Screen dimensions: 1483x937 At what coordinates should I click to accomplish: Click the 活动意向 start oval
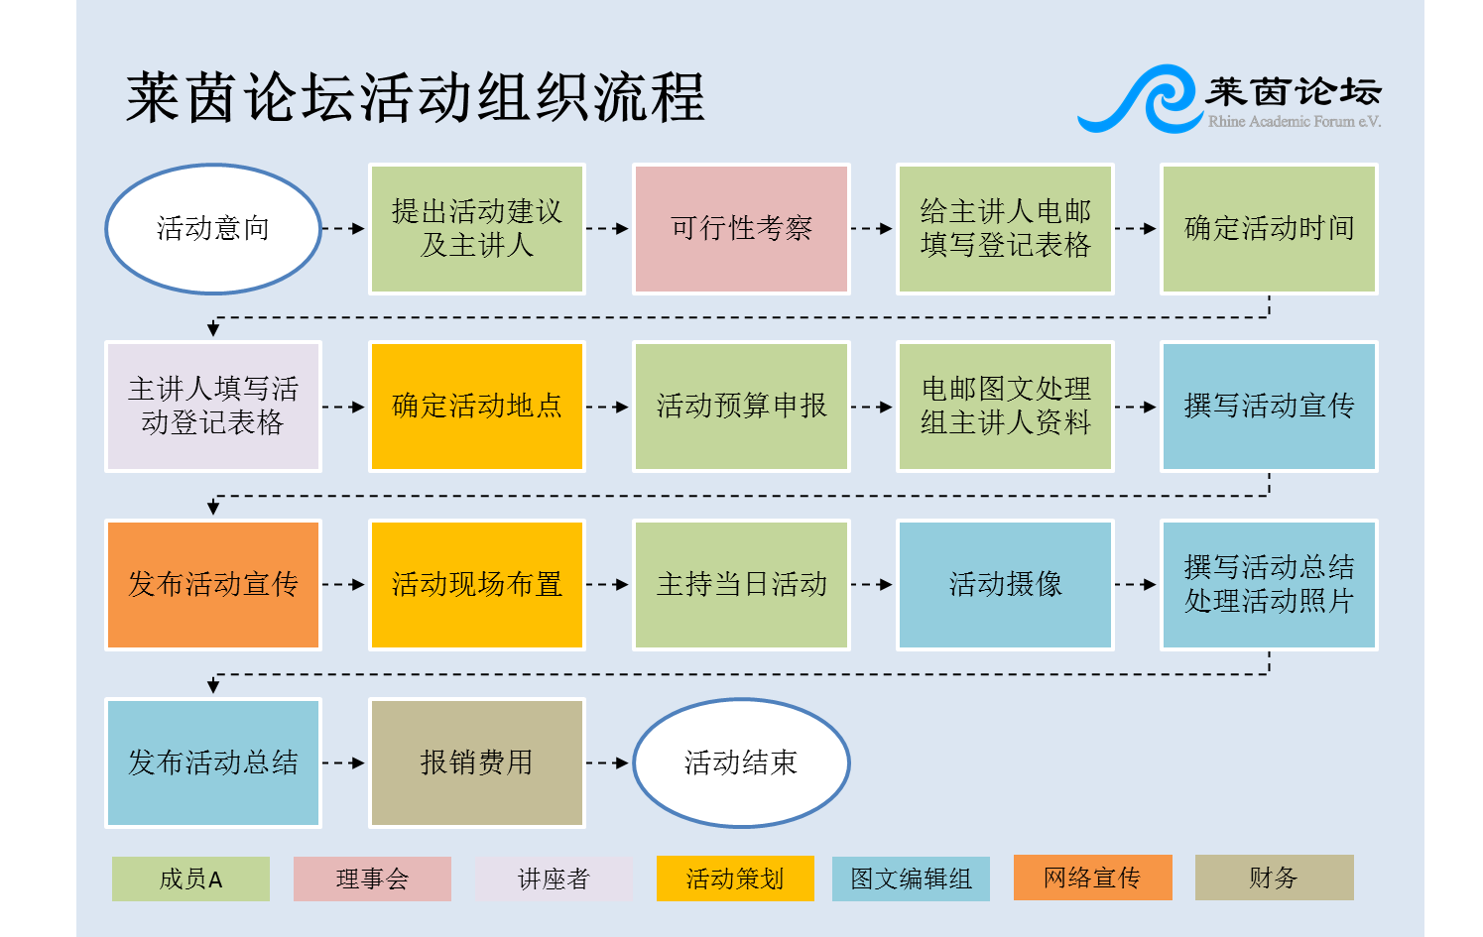[x=213, y=228]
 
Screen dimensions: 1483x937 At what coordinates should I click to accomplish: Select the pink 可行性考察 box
[x=742, y=228]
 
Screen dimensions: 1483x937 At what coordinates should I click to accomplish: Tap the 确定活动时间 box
[x=1269, y=228]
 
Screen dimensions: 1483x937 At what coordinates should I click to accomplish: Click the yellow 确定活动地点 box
[x=477, y=407]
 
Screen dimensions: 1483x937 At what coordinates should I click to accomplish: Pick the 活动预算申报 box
[x=742, y=407]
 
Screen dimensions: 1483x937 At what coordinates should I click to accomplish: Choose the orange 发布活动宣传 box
[x=213, y=584]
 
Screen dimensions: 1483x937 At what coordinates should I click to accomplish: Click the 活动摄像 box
[x=1005, y=584]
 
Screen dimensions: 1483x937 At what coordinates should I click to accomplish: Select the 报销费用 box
[x=477, y=762]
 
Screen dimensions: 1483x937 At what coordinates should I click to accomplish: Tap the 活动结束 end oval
[x=742, y=762]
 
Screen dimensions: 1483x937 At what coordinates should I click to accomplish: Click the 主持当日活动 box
[x=742, y=584]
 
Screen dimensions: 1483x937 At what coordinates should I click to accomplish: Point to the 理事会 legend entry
[x=372, y=878]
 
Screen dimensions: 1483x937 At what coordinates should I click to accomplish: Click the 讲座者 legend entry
[x=554, y=878]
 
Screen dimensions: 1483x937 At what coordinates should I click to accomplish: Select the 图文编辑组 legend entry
[x=911, y=878]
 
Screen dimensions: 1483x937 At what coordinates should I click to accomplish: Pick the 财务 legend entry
[x=1275, y=878]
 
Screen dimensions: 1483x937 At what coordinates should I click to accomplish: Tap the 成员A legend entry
[x=190, y=878]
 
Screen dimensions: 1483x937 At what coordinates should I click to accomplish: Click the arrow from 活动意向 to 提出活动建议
[x=343, y=228]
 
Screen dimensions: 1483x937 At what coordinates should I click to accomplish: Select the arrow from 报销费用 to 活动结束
[x=608, y=762]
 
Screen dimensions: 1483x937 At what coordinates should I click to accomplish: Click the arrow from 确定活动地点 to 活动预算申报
[x=608, y=407]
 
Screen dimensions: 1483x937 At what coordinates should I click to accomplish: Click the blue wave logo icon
[x=1140, y=98]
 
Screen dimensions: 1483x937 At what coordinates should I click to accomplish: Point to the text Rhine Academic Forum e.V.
[x=1295, y=121]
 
